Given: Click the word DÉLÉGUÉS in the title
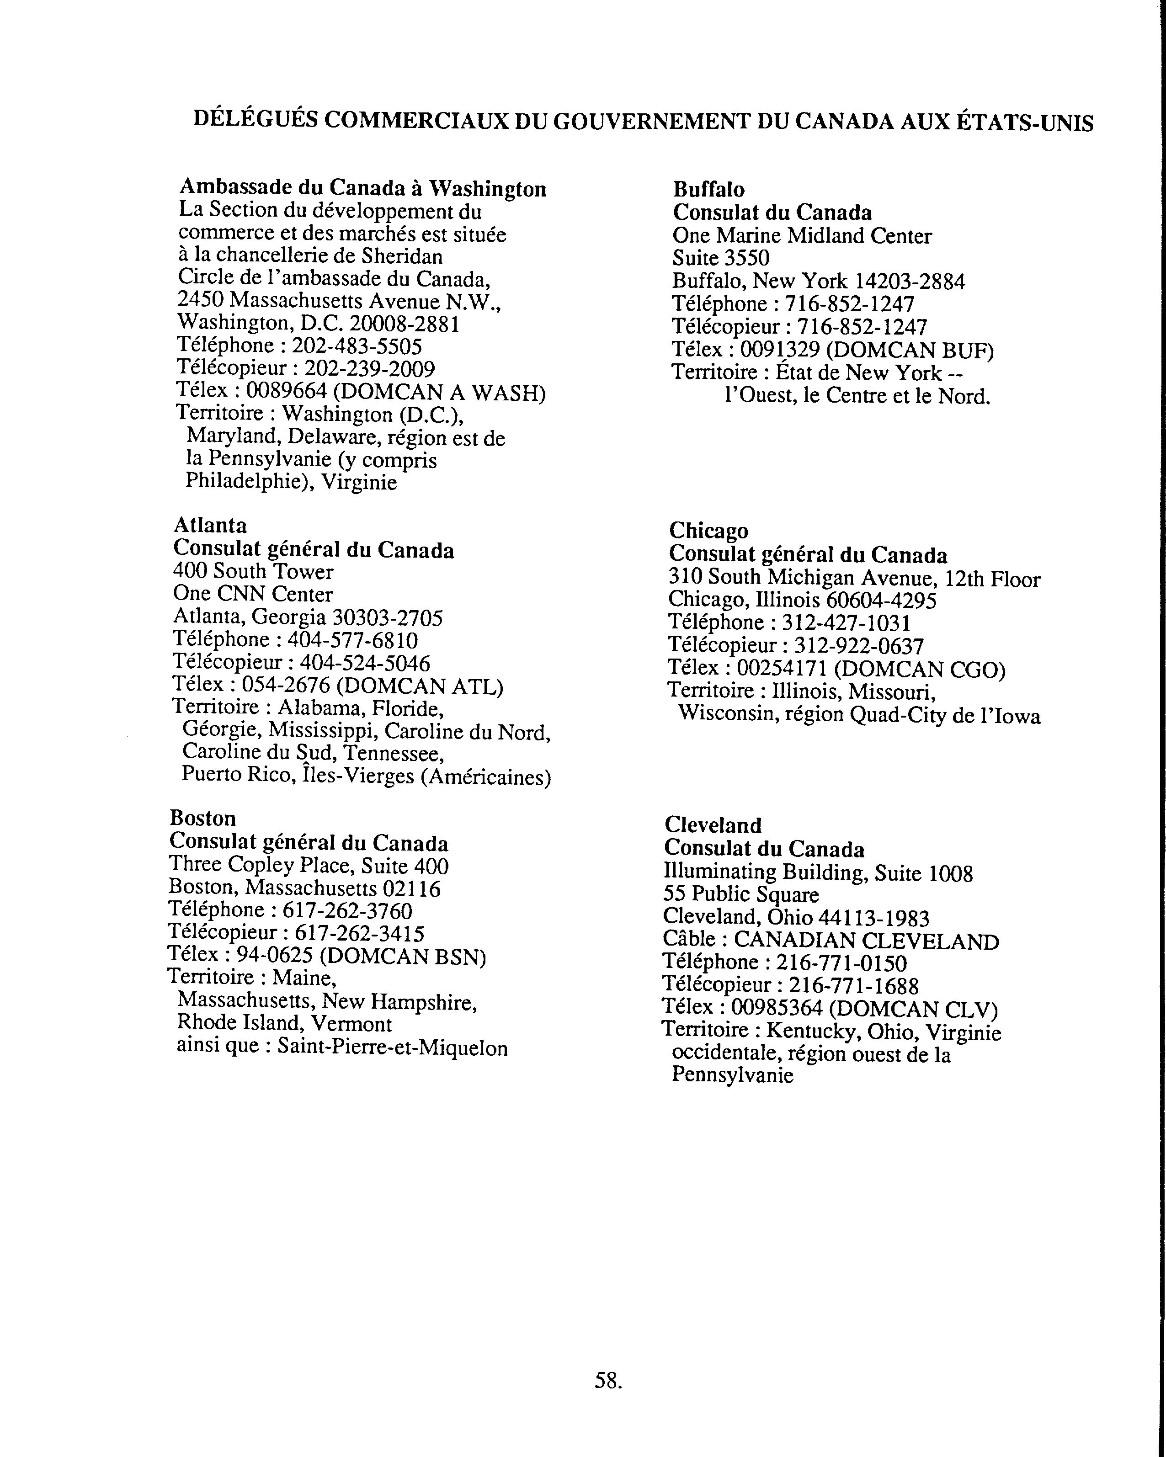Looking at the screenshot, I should click(256, 120).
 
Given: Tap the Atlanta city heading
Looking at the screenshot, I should click(210, 525).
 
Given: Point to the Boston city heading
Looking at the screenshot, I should click(203, 819).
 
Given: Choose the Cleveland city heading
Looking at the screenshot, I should click(713, 825).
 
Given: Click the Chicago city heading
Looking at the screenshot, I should click(708, 531).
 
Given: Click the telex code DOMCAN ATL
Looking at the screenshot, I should click(419, 686).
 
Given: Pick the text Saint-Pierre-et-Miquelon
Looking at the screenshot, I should click(392, 1048).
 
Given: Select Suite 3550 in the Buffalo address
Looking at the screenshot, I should click(720, 258).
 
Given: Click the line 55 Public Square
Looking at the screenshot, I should click(741, 895).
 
